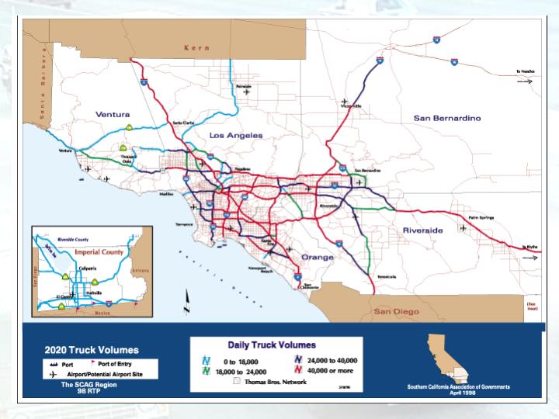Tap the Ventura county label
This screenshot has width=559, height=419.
coord(113,114)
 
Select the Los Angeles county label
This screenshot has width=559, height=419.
coord(236,135)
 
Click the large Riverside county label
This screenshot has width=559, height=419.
coord(422,230)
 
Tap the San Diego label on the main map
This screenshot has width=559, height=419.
coord(396,310)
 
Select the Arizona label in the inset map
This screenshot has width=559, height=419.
coord(140,270)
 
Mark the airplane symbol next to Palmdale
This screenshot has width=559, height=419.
coord(248,92)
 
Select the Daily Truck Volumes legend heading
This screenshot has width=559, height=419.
coord(266,344)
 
